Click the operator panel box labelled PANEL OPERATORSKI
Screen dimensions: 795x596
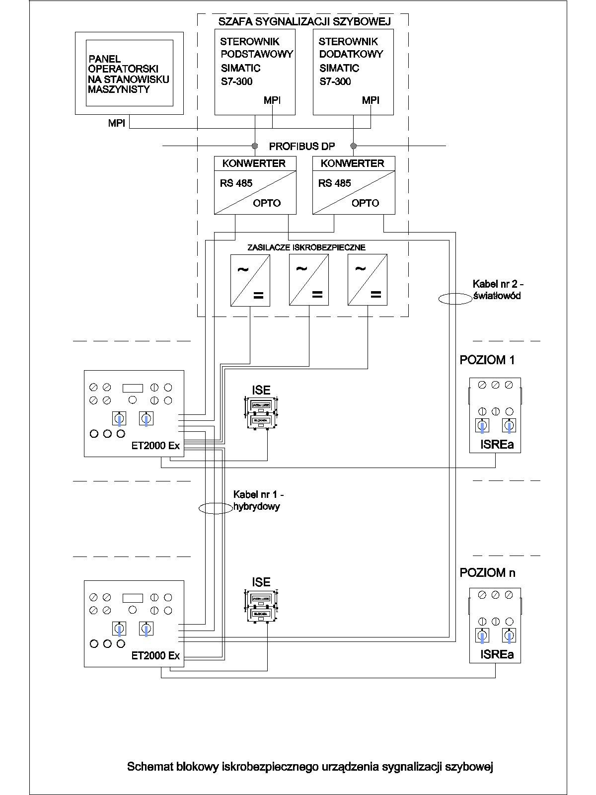pyautogui.click(x=129, y=73)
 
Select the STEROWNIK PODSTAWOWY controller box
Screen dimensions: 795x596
pyautogui.click(x=255, y=72)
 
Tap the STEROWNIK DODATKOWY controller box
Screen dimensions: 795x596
pyautogui.click(x=353, y=72)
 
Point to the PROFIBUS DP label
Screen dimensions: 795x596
pyautogui.click(x=302, y=147)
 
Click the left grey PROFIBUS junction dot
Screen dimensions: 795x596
pyautogui.click(x=255, y=146)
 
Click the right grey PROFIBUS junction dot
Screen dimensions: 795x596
pyautogui.click(x=354, y=146)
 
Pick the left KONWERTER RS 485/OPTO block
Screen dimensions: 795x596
pyautogui.click(x=255, y=185)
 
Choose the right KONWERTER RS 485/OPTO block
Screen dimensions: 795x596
pyautogui.click(x=354, y=185)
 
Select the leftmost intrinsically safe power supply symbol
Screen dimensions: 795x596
pyautogui.click(x=250, y=280)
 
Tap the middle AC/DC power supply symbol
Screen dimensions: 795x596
pyautogui.click(x=309, y=280)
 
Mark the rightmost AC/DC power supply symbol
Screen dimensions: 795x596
pyautogui.click(x=368, y=280)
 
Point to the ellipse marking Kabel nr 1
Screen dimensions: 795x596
pyautogui.click(x=216, y=508)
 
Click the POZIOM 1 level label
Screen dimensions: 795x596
pyautogui.click(x=487, y=360)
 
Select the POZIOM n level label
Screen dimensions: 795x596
pyautogui.click(x=487, y=573)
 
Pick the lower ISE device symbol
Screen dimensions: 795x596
pyautogui.click(x=261, y=606)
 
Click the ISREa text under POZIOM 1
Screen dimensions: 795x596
pyautogui.click(x=497, y=445)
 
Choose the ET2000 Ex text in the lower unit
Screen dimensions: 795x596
pyautogui.click(x=155, y=656)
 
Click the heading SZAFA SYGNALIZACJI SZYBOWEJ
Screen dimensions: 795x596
pyautogui.click(x=304, y=21)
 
